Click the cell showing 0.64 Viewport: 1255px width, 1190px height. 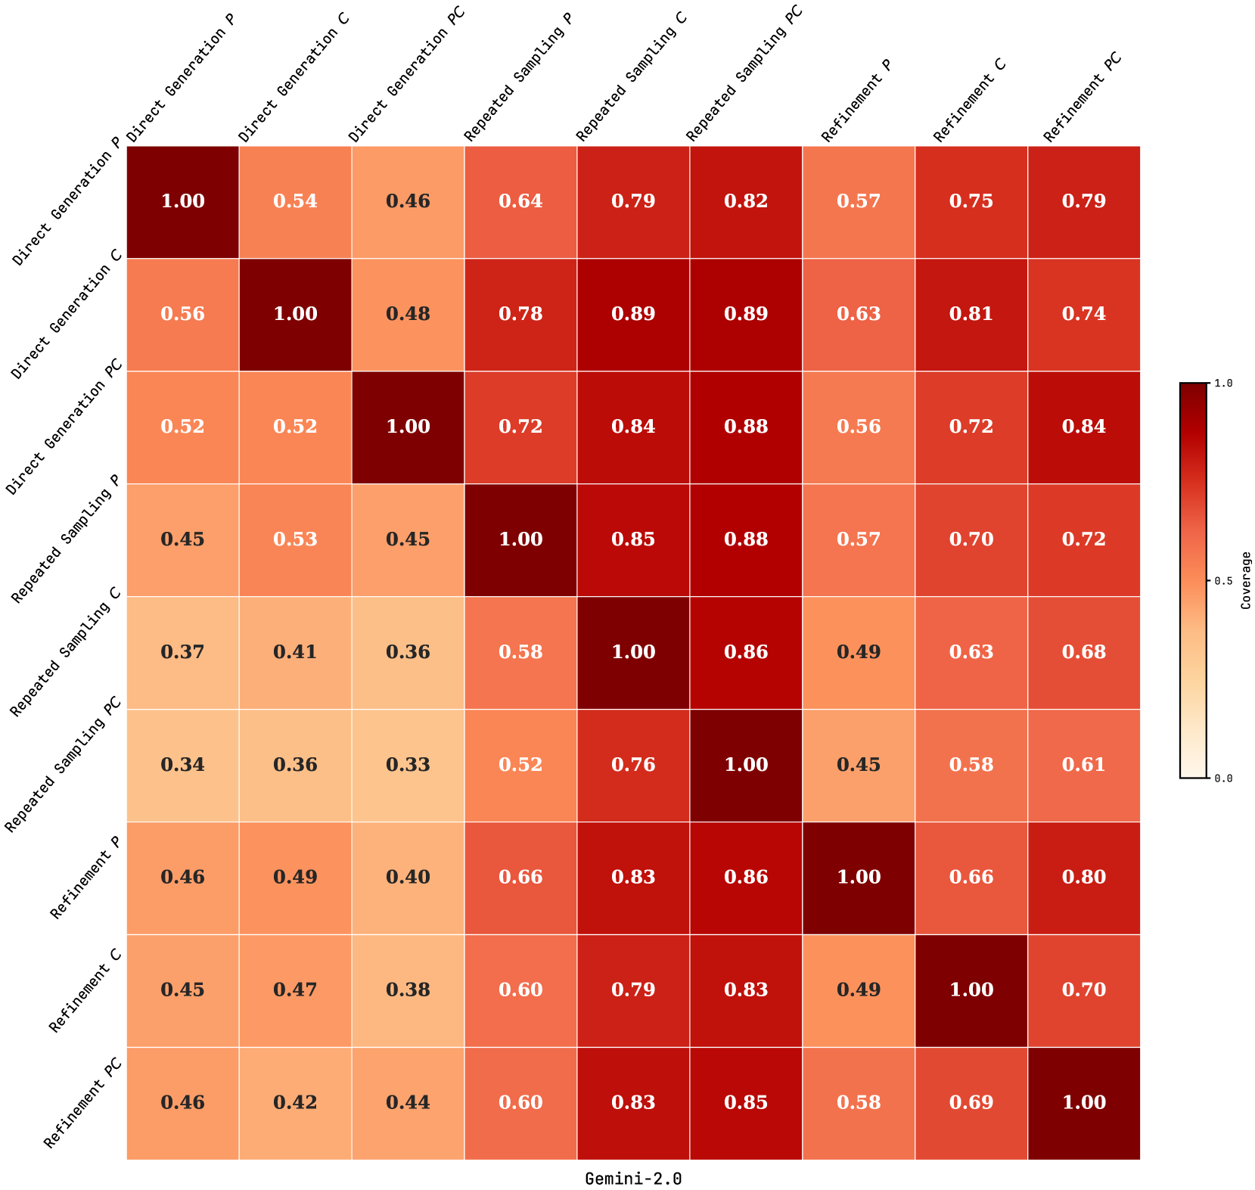click(x=521, y=201)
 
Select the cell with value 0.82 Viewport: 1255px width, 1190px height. click(x=747, y=201)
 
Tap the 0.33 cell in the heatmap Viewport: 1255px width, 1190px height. click(x=408, y=765)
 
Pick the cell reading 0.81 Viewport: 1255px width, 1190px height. click(x=971, y=314)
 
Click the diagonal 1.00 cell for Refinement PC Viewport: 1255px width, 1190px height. click(x=1084, y=1103)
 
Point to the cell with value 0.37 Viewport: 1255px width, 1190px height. click(x=183, y=652)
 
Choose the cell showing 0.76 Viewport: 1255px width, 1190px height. click(x=634, y=765)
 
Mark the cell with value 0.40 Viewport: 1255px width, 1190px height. click(x=408, y=878)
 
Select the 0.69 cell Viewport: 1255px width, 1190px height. click(x=971, y=1103)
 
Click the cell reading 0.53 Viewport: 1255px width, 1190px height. click(x=296, y=539)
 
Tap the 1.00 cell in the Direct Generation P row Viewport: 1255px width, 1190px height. click(x=183, y=201)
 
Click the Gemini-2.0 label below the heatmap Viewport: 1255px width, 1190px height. click(x=633, y=1179)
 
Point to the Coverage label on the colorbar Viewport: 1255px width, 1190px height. click(x=1246, y=580)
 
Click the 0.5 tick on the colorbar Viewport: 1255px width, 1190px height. click(x=1223, y=580)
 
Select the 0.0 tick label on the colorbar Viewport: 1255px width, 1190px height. click(x=1223, y=778)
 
